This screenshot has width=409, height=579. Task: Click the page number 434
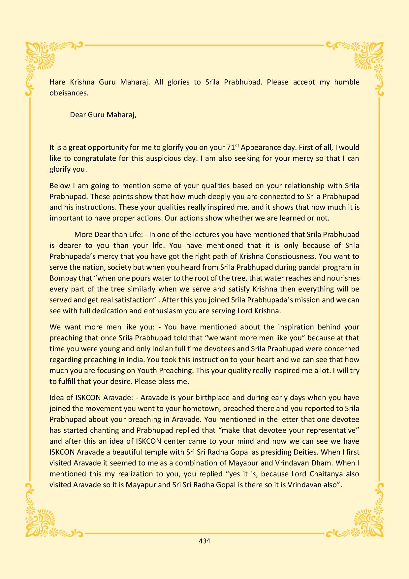(204, 541)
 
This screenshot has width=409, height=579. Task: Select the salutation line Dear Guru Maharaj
(103, 115)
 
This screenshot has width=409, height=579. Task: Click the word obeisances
(69, 93)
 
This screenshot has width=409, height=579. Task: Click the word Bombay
(62, 278)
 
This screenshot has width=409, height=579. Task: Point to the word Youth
(147, 370)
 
